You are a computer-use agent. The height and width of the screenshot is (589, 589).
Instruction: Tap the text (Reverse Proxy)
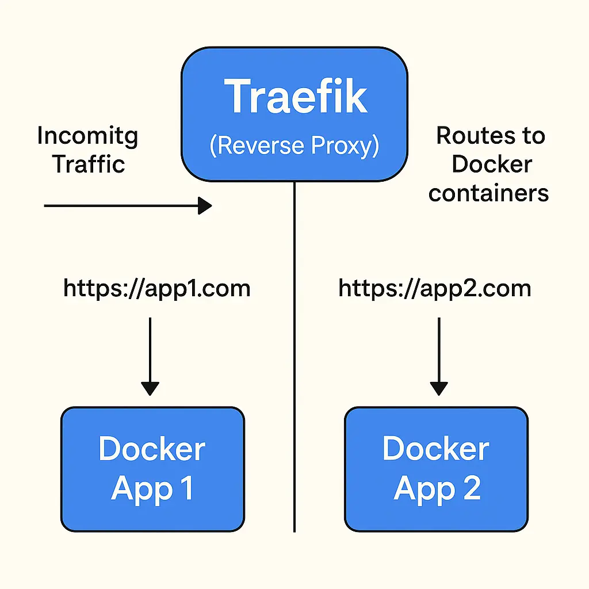[x=294, y=146]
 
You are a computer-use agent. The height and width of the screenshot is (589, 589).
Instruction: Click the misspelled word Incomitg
[x=87, y=136]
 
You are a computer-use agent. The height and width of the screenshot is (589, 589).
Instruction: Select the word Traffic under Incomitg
[x=89, y=164]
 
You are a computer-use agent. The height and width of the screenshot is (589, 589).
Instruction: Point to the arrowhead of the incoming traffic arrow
[x=205, y=205]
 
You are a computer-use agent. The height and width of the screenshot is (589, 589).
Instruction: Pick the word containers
[x=488, y=193]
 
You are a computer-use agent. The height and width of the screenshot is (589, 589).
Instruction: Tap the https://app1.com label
[x=156, y=288]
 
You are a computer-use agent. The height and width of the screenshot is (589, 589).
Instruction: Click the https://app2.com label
[x=434, y=288]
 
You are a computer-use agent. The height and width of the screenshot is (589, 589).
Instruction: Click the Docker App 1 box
[x=152, y=469]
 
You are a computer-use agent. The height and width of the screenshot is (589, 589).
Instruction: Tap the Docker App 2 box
[x=436, y=469]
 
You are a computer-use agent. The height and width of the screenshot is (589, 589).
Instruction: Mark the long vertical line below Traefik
[x=294, y=357]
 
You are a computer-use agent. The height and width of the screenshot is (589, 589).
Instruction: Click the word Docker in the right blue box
[x=435, y=449]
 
